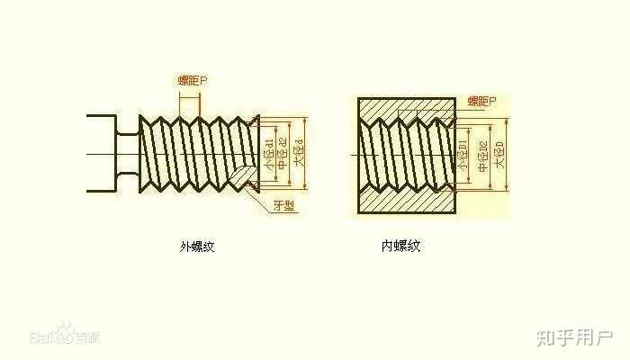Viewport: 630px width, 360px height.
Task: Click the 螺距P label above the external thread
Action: [193, 81]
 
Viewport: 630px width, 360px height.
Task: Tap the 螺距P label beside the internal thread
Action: [485, 102]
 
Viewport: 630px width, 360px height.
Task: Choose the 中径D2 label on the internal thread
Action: [483, 155]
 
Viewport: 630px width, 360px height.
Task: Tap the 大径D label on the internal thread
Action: [500, 155]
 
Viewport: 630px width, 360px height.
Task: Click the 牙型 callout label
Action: [285, 207]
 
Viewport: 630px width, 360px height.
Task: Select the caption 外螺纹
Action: [197, 246]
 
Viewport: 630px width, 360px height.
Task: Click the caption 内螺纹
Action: [400, 246]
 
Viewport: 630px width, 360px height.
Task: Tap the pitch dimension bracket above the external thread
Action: [192, 101]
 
